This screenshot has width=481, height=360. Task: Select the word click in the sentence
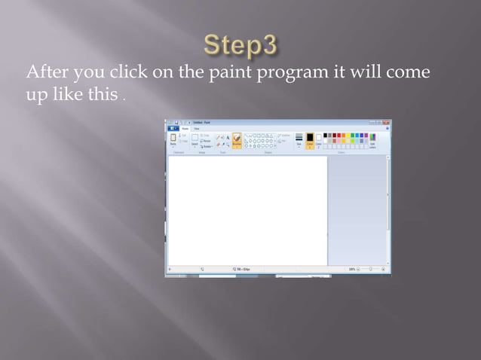128,72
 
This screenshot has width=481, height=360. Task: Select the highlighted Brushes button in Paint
237,141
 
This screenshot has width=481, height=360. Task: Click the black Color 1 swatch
309,140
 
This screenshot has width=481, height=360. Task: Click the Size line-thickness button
299,140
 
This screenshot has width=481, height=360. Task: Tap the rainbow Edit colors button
372,140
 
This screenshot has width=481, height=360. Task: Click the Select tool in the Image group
195,140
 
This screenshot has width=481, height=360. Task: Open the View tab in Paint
196,129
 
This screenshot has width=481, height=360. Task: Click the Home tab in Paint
185,129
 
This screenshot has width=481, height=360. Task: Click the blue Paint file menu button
172,129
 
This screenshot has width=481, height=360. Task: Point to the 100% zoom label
351,269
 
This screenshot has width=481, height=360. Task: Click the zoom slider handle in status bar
370,269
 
